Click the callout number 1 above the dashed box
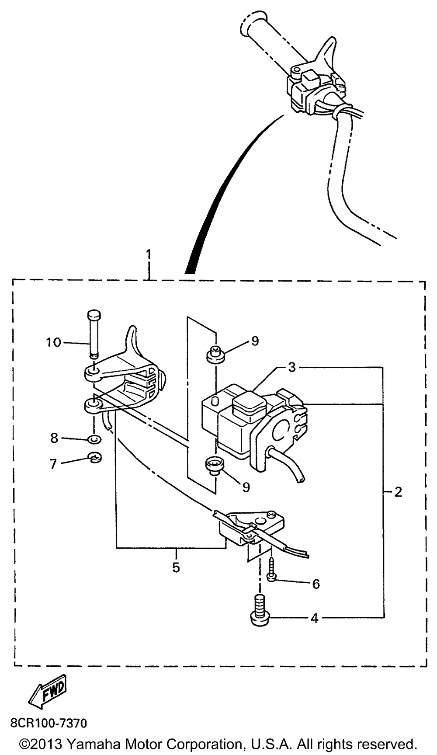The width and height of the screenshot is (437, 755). (149, 255)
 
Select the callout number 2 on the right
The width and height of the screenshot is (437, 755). (398, 492)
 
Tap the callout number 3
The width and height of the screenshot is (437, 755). (292, 367)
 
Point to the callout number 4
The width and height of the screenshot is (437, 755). (314, 618)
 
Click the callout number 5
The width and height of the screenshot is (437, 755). (176, 567)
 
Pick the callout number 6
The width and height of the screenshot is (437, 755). (316, 584)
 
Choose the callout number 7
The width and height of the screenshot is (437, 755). (53, 464)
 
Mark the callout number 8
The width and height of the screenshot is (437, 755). (54, 438)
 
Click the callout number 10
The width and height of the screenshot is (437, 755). (53, 342)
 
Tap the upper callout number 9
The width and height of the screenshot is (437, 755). (255, 341)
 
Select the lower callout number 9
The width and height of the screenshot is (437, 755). (246, 487)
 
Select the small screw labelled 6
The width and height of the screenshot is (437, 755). (272, 570)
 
